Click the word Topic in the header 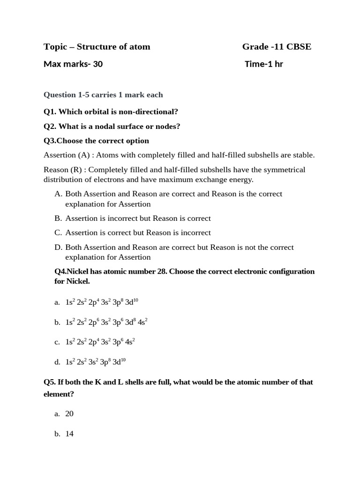[53, 46]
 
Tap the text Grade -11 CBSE [277, 46]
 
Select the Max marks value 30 [97, 64]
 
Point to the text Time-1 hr [264, 64]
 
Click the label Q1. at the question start [50, 112]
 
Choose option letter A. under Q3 [58, 194]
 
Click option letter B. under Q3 [58, 218]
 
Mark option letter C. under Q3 [58, 232]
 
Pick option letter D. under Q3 [58, 247]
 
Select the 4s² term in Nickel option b [142, 322]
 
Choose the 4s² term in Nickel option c [130, 342]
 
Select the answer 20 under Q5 [69, 413]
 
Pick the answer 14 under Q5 [69, 434]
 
